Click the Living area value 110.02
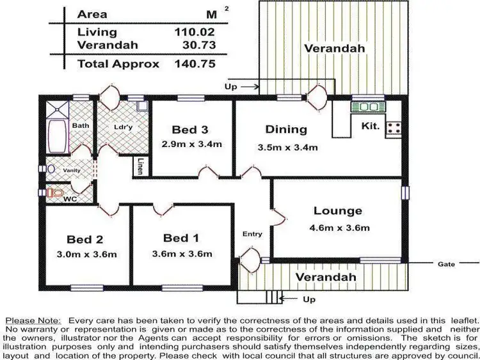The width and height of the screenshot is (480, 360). coord(194,31)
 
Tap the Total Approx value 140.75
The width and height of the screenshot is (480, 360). coord(194,64)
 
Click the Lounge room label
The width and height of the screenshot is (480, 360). coord(337,210)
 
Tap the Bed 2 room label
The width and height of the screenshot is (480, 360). coord(85,240)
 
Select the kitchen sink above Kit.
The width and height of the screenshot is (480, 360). coord(367,107)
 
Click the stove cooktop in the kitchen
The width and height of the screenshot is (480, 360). coord(394,128)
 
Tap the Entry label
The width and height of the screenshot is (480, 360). coord(252,234)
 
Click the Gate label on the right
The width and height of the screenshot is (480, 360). coord(446,263)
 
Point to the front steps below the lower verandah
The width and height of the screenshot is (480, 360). coord(259,297)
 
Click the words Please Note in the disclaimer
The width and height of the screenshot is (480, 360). coord(32,319)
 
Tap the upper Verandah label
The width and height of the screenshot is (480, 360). coord(334,49)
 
